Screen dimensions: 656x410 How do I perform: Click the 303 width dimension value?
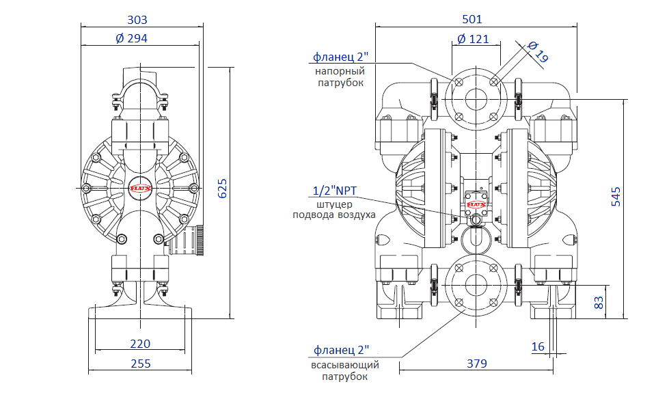point(137,20)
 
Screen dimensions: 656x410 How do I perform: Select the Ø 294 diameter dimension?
point(131,38)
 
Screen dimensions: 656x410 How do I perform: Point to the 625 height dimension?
point(223,189)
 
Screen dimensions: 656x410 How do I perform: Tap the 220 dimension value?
point(140,344)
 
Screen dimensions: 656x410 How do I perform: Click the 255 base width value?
point(141,364)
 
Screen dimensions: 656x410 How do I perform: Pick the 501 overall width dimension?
point(472,19)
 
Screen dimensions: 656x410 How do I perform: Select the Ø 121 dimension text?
point(473,39)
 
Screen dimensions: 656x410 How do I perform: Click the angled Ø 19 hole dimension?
point(538,51)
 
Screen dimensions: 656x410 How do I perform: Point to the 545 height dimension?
point(616,197)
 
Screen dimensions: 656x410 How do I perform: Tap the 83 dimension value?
point(599,303)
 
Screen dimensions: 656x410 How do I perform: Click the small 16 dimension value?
point(538,346)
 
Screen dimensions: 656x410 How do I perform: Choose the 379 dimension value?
point(477,364)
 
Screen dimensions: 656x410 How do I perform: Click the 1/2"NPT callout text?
point(335,191)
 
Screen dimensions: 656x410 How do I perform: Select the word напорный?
point(340,71)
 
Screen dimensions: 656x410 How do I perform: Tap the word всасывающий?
point(344,365)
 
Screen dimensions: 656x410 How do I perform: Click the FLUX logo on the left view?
point(140,189)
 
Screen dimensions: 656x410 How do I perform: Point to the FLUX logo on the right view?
point(476,204)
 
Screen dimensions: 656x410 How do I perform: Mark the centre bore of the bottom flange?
point(476,285)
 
